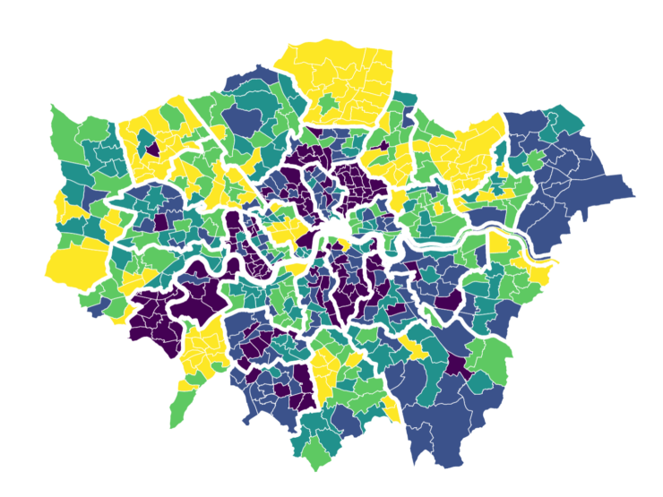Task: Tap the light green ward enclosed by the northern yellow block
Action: pos(330,106)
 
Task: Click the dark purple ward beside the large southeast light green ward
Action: pos(458,363)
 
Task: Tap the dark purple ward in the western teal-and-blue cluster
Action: pos(160,221)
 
